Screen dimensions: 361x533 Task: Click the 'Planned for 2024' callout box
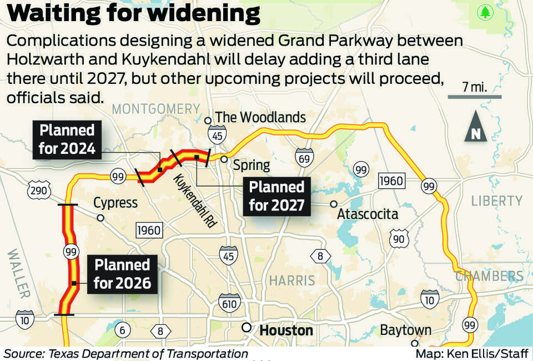pyautogui.click(x=67, y=139)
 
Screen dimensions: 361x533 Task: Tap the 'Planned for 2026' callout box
pyautogui.click(x=122, y=273)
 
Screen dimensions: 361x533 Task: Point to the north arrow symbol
pyautogui.click(x=476, y=127)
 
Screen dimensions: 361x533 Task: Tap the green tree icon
pyautogui.click(x=486, y=12)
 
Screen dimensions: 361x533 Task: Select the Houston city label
pyautogui.click(x=286, y=330)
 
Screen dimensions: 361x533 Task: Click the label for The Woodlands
pyautogui.click(x=260, y=117)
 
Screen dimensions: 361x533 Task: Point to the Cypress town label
pyautogui.click(x=115, y=203)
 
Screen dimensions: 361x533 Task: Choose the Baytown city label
pyautogui.click(x=405, y=330)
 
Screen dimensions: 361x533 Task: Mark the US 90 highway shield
pyautogui.click(x=398, y=239)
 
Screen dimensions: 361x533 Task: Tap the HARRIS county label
pyautogui.click(x=292, y=280)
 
